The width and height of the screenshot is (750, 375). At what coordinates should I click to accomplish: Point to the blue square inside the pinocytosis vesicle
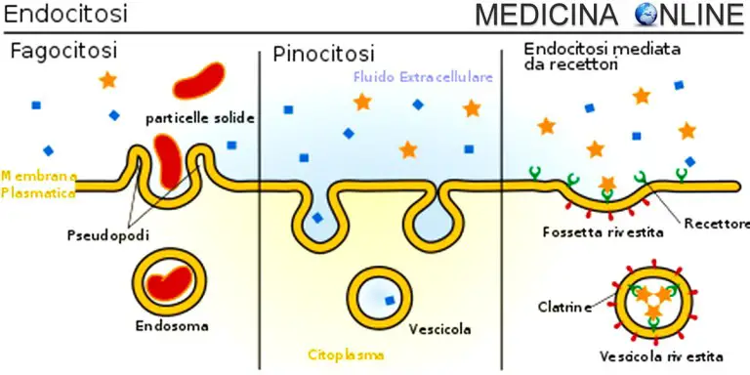tap(391, 299)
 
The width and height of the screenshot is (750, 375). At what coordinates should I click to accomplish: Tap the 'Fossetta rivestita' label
tap(602, 232)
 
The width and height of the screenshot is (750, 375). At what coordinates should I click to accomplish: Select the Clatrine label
tap(564, 309)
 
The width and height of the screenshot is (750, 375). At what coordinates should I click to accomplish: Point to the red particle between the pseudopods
tap(170, 162)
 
